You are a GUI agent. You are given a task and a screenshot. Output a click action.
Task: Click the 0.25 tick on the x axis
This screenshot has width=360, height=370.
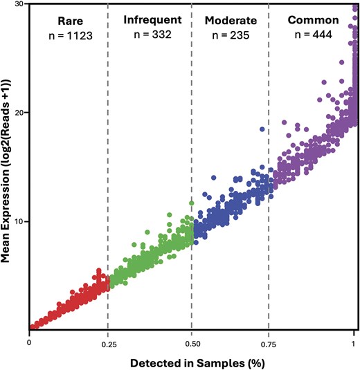click(x=107, y=342)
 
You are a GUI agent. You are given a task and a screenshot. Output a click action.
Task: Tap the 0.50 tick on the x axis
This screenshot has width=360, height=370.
click(x=191, y=342)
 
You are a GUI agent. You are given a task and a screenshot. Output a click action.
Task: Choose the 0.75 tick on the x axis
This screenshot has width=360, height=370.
click(x=268, y=342)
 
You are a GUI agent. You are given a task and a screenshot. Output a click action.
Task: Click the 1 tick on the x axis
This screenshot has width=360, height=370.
click(x=354, y=342)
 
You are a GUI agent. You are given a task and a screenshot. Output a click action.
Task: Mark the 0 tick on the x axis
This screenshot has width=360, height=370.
click(x=29, y=342)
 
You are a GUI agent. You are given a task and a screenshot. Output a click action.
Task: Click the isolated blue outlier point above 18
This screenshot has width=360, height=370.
click(x=262, y=129)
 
